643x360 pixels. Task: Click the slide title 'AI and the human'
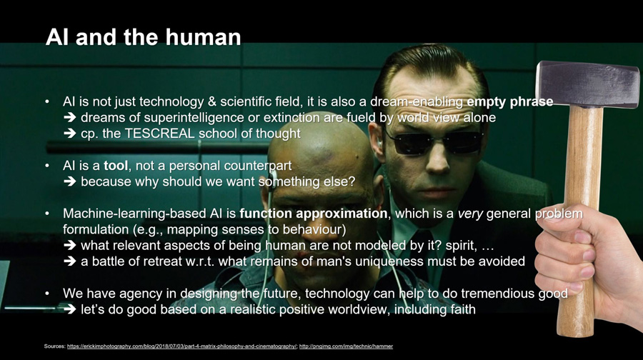click(x=143, y=37)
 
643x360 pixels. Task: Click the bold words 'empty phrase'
click(x=510, y=101)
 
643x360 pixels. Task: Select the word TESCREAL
click(x=159, y=134)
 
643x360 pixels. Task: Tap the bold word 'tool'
click(x=116, y=166)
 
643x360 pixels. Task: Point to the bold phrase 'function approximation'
click(x=314, y=214)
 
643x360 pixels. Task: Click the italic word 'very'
click(x=470, y=214)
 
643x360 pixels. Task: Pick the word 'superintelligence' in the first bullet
click(x=194, y=118)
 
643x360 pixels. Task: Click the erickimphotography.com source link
click(x=181, y=346)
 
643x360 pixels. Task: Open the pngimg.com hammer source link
click(x=346, y=346)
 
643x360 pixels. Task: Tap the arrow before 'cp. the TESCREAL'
click(x=70, y=134)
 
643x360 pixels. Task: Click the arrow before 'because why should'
click(x=70, y=181)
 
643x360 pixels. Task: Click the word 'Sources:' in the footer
click(x=55, y=346)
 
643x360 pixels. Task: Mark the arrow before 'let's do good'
click(x=70, y=309)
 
